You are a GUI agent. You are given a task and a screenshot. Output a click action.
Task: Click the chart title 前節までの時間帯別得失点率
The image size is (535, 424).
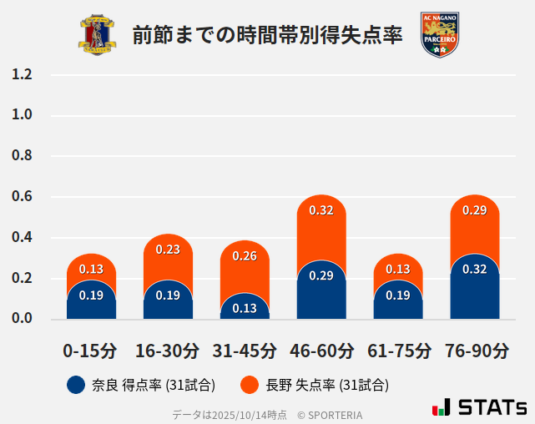coord(267,34)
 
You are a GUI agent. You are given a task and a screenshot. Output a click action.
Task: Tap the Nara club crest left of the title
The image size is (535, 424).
coord(98,34)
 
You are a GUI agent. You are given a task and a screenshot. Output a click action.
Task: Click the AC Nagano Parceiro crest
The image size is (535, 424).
coord(440,34)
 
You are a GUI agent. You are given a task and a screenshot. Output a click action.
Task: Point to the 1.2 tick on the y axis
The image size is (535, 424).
coord(22,75)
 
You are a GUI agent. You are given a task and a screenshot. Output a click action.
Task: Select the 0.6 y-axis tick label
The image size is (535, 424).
coord(22,197)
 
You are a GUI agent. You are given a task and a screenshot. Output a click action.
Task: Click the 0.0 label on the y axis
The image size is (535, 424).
coord(22,319)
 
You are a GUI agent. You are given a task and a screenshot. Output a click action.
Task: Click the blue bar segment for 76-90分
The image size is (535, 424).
coord(475,292)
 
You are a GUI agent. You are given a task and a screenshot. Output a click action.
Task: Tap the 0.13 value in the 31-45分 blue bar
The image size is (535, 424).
coord(245,308)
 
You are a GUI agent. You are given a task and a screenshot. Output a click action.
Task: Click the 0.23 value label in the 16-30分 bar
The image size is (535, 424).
coord(168,250)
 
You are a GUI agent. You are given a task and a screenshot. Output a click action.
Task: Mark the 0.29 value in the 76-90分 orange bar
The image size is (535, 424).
coord(475,210)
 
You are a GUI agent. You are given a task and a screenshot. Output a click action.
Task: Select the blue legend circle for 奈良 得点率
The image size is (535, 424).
coord(76,385)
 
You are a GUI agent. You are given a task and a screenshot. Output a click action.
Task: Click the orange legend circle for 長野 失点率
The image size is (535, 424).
coord(250,385)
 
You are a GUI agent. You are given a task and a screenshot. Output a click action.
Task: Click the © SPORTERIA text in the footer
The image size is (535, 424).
coord(330,414)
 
